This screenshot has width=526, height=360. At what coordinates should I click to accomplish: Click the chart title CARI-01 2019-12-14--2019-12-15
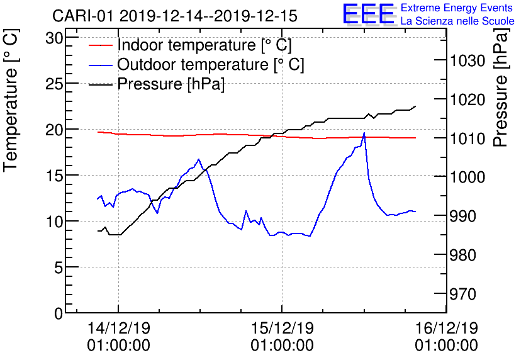pos(175,15)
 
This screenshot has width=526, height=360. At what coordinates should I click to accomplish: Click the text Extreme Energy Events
pos(456,8)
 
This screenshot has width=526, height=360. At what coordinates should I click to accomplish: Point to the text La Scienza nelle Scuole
pos(457,21)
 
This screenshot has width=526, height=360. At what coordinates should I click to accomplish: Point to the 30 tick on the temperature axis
pos(55,37)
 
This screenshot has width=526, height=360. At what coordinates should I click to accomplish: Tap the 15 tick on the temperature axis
pos(55,175)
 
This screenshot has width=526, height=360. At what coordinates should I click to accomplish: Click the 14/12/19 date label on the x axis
pos(118,328)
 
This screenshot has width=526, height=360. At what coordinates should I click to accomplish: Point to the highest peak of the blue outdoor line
pos(364,133)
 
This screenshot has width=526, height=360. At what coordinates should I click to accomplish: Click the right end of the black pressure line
pos(415,106)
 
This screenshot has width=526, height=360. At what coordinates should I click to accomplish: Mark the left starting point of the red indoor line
pos(98,132)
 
